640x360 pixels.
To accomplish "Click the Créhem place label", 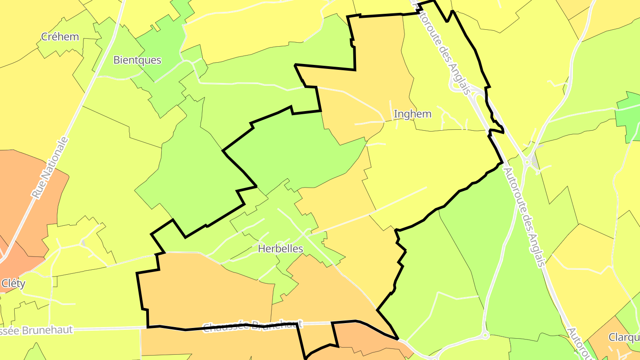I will [x=60, y=36].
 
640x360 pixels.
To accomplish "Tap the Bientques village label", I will [x=137, y=60].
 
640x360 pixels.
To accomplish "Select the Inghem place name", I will [x=412, y=114].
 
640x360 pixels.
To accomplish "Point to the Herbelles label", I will [x=280, y=249].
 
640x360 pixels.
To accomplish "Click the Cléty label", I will [x=13, y=284].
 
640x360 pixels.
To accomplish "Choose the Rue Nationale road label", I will [x=51, y=168].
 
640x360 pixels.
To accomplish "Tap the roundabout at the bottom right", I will [x=485, y=336].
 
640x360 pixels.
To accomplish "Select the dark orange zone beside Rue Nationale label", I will [x=27, y=200].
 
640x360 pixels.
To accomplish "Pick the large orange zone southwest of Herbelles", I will [x=204, y=289].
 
